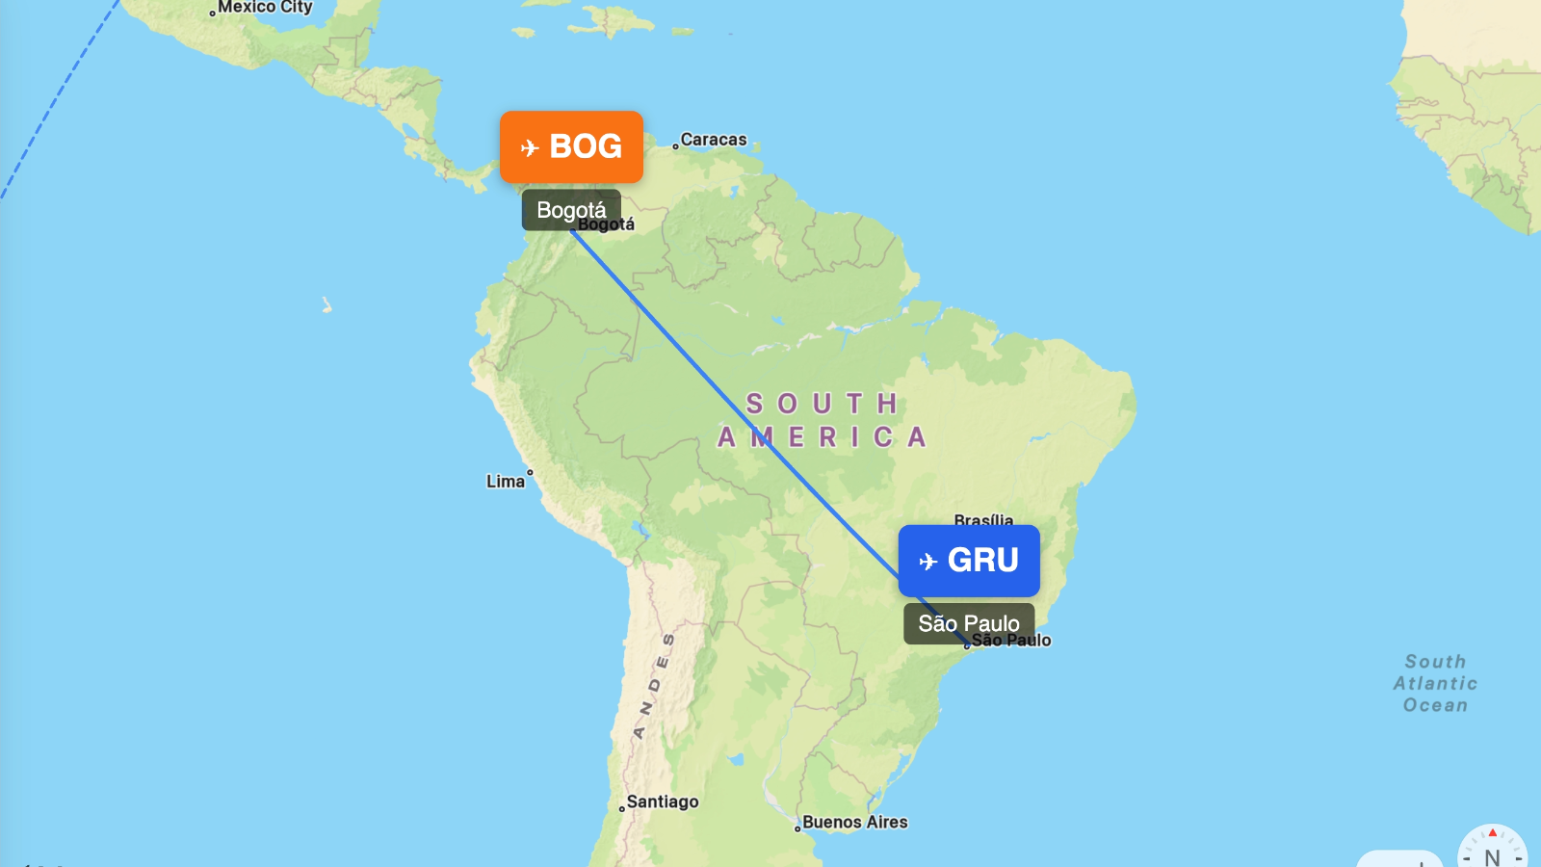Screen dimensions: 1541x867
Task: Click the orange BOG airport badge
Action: (x=571, y=146)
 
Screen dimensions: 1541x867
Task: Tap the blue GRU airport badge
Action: (x=969, y=561)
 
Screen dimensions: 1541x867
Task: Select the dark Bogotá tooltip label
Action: (x=571, y=210)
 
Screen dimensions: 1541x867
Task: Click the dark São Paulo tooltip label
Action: (x=968, y=623)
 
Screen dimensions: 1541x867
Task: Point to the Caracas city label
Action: (x=714, y=140)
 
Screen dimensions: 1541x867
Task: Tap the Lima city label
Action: (x=505, y=481)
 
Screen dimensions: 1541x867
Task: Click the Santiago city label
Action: (x=663, y=801)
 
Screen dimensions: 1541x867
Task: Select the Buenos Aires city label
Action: (x=855, y=822)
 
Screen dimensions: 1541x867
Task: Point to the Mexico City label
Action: (x=265, y=8)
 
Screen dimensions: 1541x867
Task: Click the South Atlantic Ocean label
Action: (x=1435, y=683)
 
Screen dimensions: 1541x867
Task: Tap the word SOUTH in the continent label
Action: (x=823, y=404)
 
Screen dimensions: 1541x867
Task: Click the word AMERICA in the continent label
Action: (x=823, y=437)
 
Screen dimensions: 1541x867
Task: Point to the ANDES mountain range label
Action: (x=654, y=686)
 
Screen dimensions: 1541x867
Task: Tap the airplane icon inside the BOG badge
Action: (x=529, y=147)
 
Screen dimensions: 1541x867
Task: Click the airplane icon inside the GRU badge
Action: (x=927, y=562)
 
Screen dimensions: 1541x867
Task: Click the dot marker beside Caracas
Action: (x=675, y=146)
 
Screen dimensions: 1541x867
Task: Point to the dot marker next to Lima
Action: (x=530, y=472)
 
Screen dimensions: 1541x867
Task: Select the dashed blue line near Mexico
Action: (x=58, y=96)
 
